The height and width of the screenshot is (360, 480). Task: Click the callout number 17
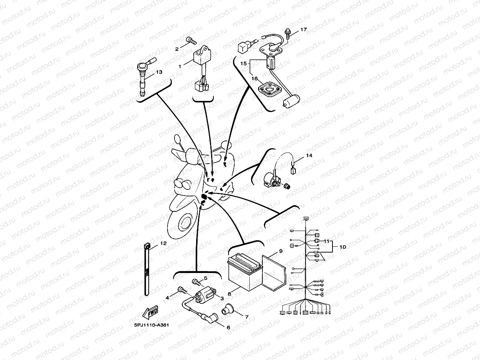304,30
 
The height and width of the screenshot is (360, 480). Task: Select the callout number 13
159,72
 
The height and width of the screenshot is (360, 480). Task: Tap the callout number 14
309,156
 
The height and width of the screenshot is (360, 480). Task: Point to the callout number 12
163,243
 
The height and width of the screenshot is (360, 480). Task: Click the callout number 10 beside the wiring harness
342,247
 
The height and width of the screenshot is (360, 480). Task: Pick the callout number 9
280,251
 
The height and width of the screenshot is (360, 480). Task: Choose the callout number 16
254,78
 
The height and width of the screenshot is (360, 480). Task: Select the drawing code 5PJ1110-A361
151,325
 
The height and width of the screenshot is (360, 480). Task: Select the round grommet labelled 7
228,309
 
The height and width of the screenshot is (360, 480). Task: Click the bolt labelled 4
181,290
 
